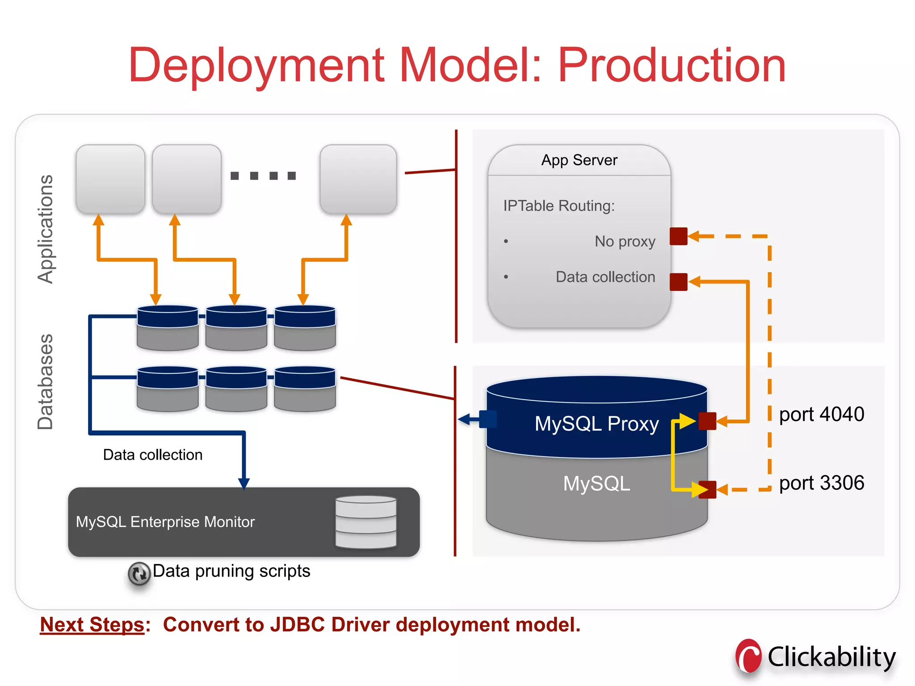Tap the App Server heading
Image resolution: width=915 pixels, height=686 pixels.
click(x=579, y=160)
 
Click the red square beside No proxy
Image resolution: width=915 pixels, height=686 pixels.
click(x=678, y=236)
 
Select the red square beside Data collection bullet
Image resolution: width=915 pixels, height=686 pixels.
click(x=678, y=282)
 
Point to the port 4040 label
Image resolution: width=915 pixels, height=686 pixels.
click(x=821, y=414)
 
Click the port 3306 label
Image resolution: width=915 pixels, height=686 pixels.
click(x=821, y=483)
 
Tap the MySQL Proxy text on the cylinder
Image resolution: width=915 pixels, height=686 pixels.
click(x=596, y=424)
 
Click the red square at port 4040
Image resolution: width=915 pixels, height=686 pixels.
click(x=707, y=421)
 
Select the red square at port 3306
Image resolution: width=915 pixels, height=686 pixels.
click(x=707, y=489)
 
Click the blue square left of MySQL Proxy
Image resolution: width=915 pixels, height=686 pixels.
click(x=487, y=419)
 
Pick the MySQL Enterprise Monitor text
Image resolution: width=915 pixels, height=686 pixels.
click(x=165, y=522)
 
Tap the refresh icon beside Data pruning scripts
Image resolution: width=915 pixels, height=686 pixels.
click(x=139, y=573)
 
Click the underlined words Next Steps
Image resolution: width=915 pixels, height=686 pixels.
click(x=92, y=624)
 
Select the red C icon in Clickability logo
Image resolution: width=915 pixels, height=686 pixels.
click(x=749, y=656)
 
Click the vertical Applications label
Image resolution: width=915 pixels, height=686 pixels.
click(x=45, y=229)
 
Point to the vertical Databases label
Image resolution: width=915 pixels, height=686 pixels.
click(x=45, y=382)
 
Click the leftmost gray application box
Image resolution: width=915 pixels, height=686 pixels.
click(x=110, y=179)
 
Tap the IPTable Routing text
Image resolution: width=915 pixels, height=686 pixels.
click(x=558, y=206)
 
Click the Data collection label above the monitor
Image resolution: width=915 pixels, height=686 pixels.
click(x=153, y=455)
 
